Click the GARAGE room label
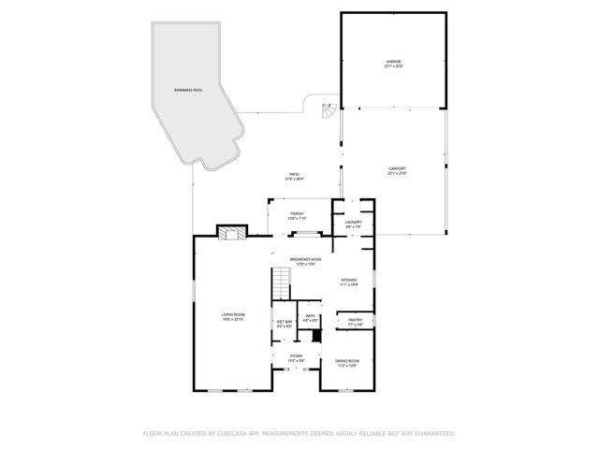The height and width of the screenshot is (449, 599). point(394,62)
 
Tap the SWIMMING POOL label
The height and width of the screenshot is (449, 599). point(187,90)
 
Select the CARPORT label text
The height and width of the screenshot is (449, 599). point(397,168)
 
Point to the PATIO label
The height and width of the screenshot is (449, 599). point(294,175)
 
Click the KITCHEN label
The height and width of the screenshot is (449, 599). point(348,280)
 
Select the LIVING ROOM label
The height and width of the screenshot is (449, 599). point(233,314)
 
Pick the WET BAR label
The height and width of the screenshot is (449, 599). point(284,322)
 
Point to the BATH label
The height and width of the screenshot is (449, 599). point(310,316)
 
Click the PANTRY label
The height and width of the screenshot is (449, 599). point(355,320)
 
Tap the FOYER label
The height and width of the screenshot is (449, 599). point(296,355)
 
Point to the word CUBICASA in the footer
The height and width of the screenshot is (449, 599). point(237,433)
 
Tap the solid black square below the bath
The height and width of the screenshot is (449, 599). point(316,335)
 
